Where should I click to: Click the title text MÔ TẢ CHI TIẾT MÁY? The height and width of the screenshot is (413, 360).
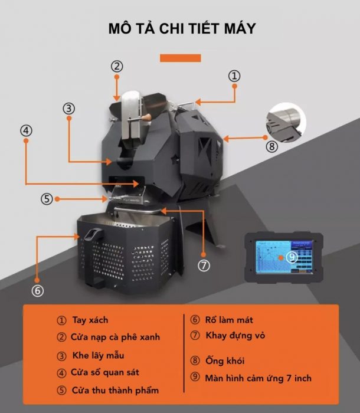click(x=182, y=28)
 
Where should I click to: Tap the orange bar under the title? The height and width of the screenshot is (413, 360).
click(x=180, y=58)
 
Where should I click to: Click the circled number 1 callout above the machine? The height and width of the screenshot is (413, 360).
click(x=234, y=76)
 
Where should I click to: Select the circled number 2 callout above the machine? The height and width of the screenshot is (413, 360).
click(x=117, y=66)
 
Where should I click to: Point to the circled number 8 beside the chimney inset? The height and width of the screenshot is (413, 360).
click(x=271, y=146)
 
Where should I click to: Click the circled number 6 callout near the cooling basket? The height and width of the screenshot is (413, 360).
click(x=37, y=290)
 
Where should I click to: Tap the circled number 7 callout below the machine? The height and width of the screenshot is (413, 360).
click(x=204, y=265)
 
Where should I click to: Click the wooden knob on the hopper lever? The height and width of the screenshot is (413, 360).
click(x=147, y=117)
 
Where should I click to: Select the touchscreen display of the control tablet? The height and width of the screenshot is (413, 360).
click(x=284, y=257)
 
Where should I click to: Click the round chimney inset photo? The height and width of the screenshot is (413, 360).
click(x=286, y=123)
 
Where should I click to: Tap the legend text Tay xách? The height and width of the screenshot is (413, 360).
click(x=90, y=320)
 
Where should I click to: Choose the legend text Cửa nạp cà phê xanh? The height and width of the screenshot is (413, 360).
click(x=115, y=337)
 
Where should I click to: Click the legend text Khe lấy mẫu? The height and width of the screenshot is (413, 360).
click(x=98, y=355)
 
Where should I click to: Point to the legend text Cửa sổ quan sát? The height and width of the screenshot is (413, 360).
click(x=104, y=372)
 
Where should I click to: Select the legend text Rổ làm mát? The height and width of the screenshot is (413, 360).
click(x=229, y=320)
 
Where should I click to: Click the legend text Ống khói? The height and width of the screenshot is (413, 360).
click(x=225, y=360)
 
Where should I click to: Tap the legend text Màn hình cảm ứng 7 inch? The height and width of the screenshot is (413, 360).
click(x=258, y=378)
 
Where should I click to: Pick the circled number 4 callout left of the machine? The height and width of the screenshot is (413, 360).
click(x=26, y=130)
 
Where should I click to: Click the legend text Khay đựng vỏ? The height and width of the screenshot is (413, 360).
click(x=235, y=336)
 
